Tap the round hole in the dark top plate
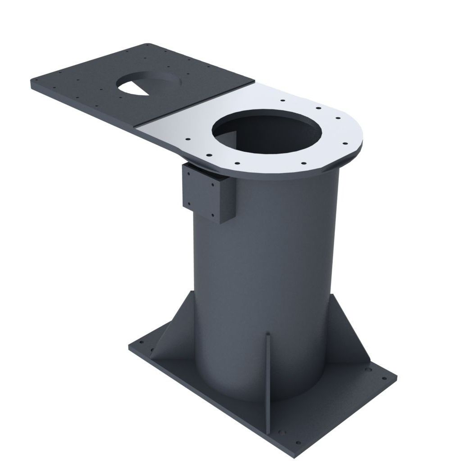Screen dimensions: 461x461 (x=149, y=83)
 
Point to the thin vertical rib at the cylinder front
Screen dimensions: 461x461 (x=268, y=369)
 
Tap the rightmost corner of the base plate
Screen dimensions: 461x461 (x=396, y=376)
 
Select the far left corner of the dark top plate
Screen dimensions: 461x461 (x=32, y=84)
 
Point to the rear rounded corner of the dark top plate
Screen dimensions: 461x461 (x=146, y=45)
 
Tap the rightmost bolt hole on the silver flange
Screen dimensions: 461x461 (x=345, y=144)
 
